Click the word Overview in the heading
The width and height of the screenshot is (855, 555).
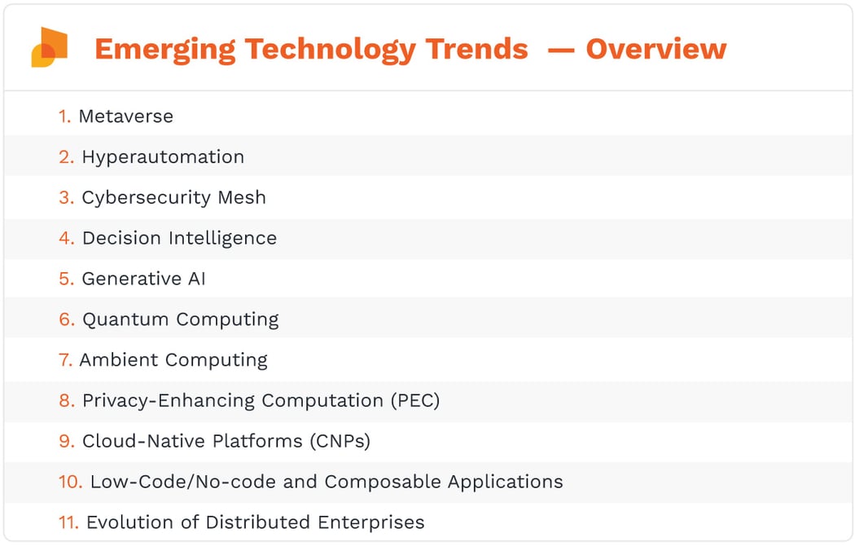coord(655,49)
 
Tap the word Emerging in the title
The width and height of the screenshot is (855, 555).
coord(164,49)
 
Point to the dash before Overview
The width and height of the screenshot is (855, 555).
coord(560,50)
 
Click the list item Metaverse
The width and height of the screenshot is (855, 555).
coord(125,116)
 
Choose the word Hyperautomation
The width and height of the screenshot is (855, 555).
coord(163,156)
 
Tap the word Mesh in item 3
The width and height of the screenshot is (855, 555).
coord(242,197)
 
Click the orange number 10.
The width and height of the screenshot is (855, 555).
coord(70,482)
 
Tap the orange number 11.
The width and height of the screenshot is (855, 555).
coord(68,522)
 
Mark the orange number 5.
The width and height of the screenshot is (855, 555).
coord(66,279)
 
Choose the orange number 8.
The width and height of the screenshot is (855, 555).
coord(66,401)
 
